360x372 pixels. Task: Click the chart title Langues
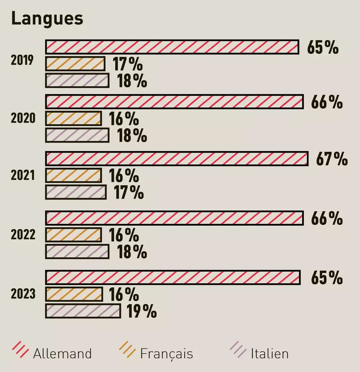(47, 19)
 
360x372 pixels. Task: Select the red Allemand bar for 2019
(172, 47)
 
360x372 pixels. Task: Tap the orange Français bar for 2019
(75, 64)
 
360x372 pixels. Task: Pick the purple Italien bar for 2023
(83, 311)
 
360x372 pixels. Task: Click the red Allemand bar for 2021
(177, 159)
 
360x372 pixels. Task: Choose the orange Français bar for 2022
(73, 235)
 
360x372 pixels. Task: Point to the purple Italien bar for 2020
(77, 136)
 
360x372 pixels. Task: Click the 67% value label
(332, 159)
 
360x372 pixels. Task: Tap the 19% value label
(141, 311)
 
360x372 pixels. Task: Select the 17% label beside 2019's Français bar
(127, 64)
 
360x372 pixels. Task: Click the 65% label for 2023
(327, 278)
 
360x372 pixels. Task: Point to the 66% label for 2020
(327, 102)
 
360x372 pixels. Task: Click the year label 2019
(22, 60)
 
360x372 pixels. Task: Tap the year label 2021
(23, 175)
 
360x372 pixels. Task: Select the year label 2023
(23, 294)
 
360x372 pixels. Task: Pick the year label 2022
(23, 235)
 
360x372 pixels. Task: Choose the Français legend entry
(156, 353)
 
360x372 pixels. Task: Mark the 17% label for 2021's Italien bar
(129, 193)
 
